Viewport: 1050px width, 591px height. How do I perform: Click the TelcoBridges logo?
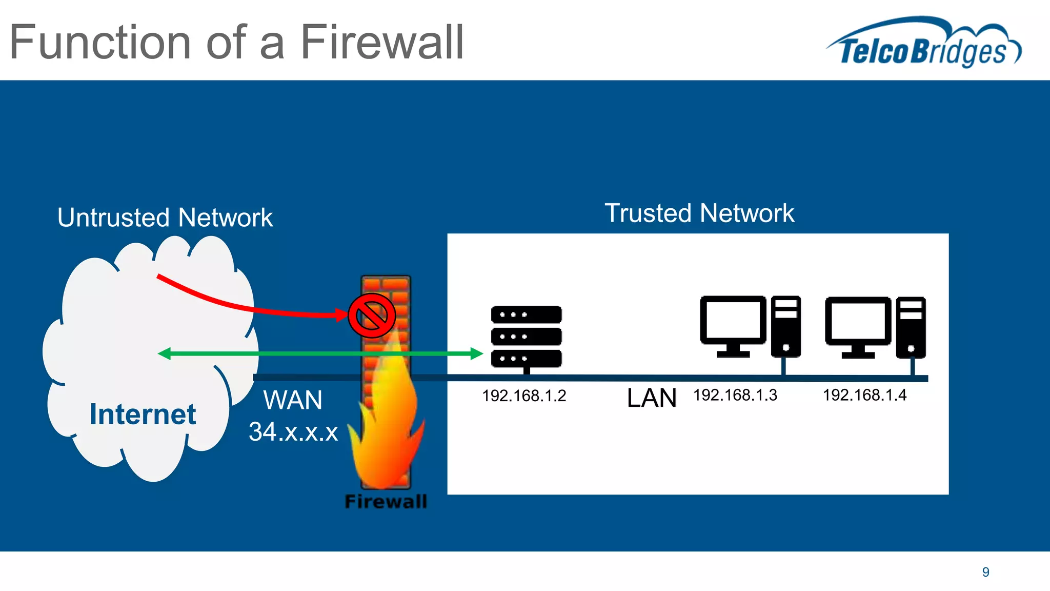923,44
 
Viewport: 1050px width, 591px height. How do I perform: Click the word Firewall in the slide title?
381,42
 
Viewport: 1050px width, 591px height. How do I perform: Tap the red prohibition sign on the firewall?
372,316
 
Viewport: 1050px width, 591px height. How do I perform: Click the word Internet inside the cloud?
143,414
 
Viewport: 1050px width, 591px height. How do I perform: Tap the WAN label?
293,400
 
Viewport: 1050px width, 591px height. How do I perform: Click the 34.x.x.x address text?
293,431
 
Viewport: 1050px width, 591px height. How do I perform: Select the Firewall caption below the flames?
386,501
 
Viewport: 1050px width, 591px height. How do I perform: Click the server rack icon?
526,337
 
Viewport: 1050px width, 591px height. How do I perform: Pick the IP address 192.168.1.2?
524,396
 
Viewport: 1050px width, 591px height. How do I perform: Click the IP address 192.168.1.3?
735,395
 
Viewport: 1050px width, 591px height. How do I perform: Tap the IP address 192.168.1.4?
864,395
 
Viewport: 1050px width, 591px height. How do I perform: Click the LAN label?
651,398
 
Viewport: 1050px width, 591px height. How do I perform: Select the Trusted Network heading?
699,213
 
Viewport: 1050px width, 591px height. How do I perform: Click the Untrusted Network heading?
165,217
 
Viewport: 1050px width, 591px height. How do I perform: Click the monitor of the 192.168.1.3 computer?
733,321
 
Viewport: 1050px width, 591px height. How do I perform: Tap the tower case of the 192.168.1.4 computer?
911,327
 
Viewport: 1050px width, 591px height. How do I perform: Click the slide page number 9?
985,572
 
